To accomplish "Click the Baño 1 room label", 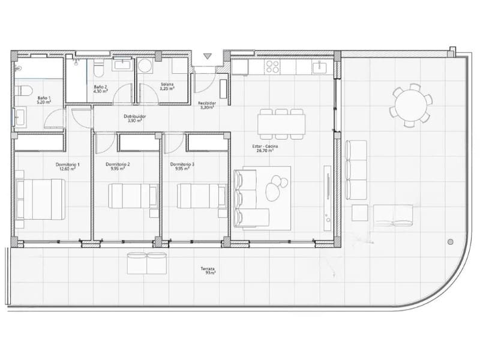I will click(x=44, y=100).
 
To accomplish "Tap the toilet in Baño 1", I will click(x=25, y=92).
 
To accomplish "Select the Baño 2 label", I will click(x=100, y=89).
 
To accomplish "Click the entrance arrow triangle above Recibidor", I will click(x=208, y=56).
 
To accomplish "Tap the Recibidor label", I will click(x=208, y=106).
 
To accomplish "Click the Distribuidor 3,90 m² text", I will click(x=134, y=118).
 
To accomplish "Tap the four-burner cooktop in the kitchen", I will click(x=272, y=66).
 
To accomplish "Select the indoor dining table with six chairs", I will click(x=281, y=124).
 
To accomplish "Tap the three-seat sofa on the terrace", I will click(x=356, y=169).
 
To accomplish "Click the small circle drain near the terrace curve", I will click(x=450, y=242).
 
